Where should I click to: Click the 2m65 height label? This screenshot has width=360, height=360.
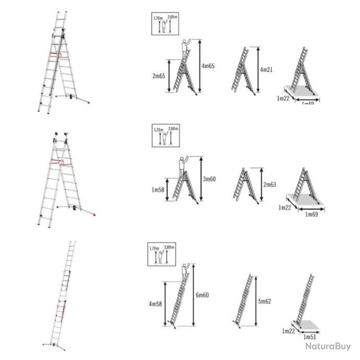159,76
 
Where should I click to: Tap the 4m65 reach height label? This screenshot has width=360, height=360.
209,66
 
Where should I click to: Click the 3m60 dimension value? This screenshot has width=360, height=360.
210,179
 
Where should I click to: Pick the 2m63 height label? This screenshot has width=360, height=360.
270,185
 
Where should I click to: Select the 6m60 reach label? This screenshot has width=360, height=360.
203,295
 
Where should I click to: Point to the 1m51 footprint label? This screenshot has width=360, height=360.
311,337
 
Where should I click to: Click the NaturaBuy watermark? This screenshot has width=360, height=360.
328,346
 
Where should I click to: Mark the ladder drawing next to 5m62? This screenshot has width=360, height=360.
245,300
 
